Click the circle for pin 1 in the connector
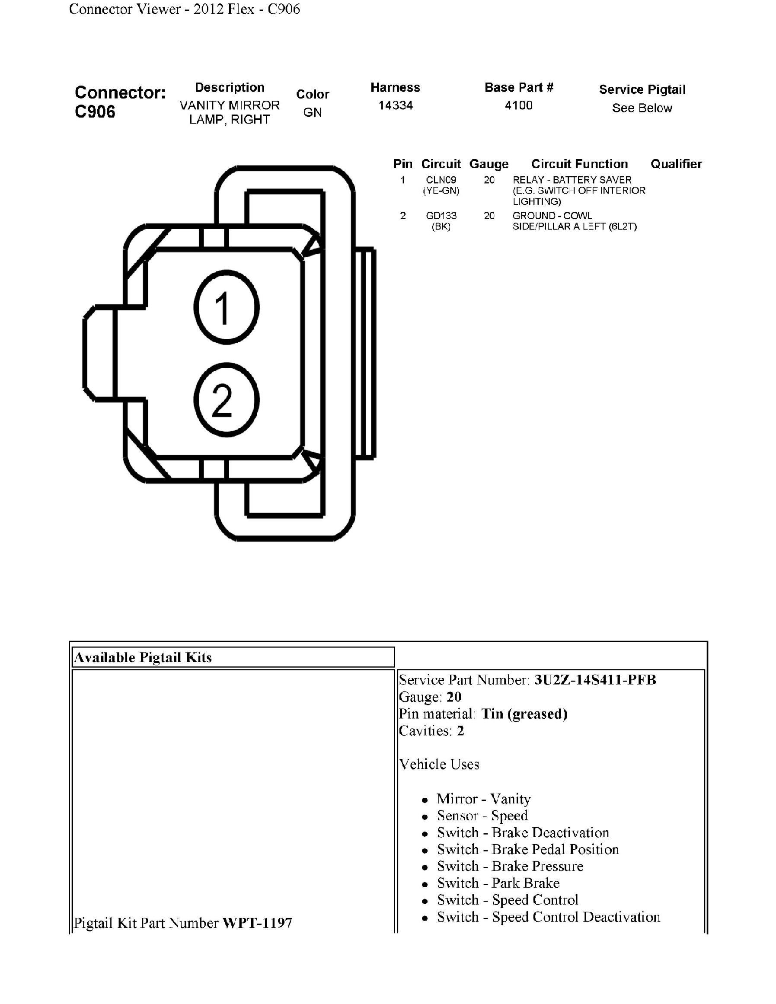[x=226, y=307]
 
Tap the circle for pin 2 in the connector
[x=226, y=399]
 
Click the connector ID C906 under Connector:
[x=95, y=112]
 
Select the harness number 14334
[x=396, y=105]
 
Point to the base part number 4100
[x=519, y=105]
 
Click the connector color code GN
[x=313, y=112]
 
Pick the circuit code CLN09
[x=441, y=180]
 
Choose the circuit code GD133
[x=441, y=216]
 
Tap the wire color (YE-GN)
[x=441, y=190]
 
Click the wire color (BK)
[x=441, y=226]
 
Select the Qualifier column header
[x=676, y=164]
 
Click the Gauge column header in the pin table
[x=489, y=164]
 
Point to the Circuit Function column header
[x=579, y=164]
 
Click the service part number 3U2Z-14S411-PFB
[x=595, y=680]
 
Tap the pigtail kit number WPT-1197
[x=257, y=923]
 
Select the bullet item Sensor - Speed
[x=482, y=816]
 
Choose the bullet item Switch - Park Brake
[x=498, y=883]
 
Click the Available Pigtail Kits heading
[x=143, y=657]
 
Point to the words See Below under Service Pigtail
[x=642, y=108]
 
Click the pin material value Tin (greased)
[x=524, y=714]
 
